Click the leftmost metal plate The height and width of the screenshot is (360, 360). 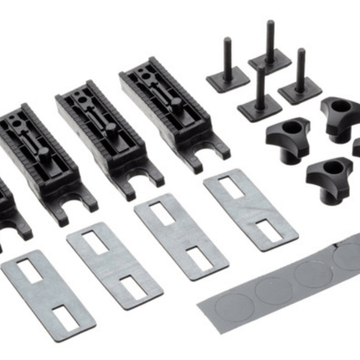pyautogui.click(x=48, y=295)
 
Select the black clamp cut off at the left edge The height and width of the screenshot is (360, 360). pyautogui.click(x=7, y=209)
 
